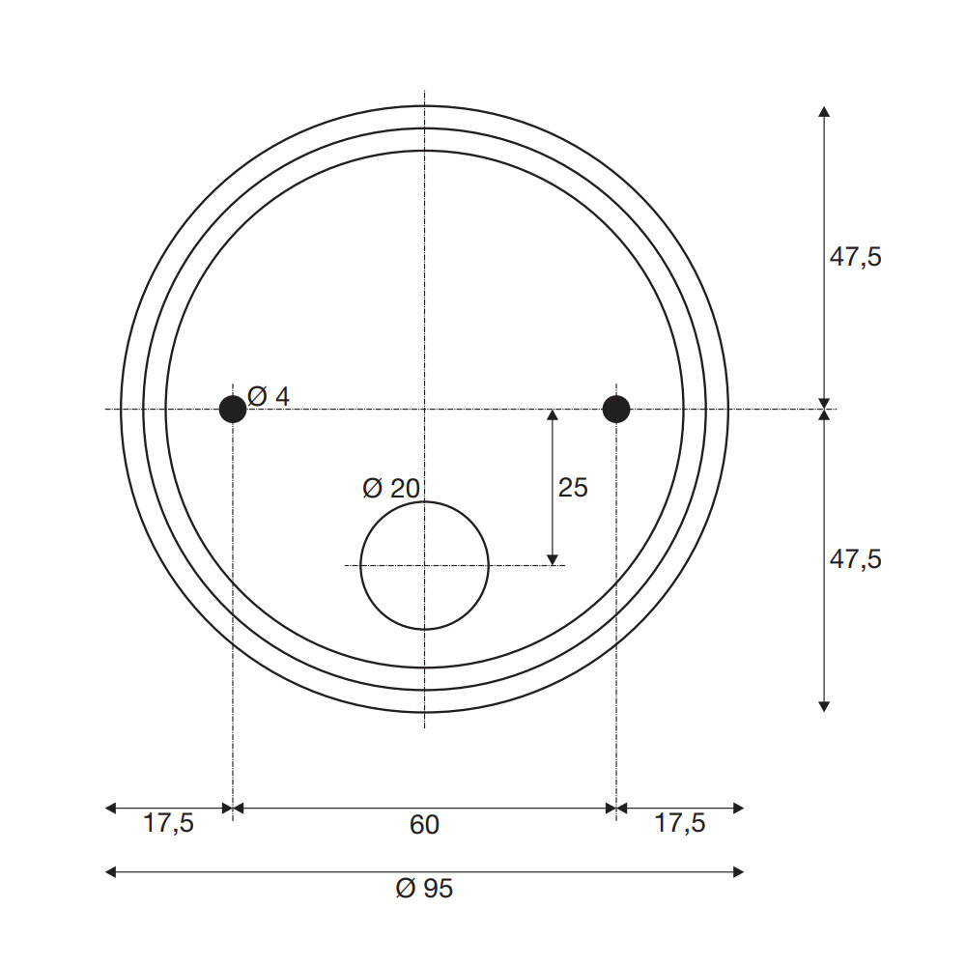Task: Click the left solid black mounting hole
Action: [233, 409]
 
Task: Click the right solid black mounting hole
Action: [616, 409]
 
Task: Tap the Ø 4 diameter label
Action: [269, 396]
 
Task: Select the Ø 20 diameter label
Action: [391, 489]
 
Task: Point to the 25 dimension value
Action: [573, 488]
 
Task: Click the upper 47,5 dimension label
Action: [855, 257]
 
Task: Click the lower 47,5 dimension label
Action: [855, 559]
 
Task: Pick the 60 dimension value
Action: [424, 825]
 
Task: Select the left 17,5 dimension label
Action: [168, 823]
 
